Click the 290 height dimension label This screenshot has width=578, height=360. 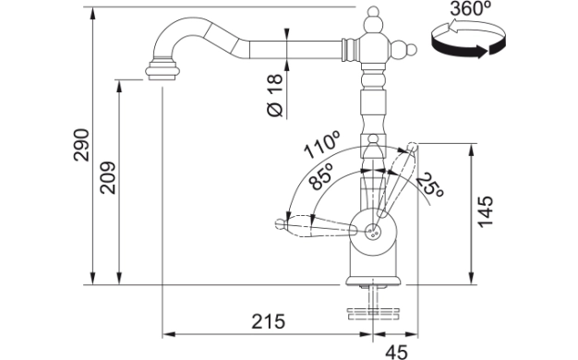click(81, 145)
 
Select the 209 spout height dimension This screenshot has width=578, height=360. click(108, 177)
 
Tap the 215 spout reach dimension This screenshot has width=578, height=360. click(269, 321)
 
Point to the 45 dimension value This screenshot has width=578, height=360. click(397, 352)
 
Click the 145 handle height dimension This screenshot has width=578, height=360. click(485, 212)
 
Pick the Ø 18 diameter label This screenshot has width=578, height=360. click(275, 95)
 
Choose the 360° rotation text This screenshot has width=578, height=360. click(471, 8)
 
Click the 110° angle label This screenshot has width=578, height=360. click(321, 145)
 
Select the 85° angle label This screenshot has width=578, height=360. click(320, 176)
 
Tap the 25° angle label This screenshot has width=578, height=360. click(430, 185)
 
